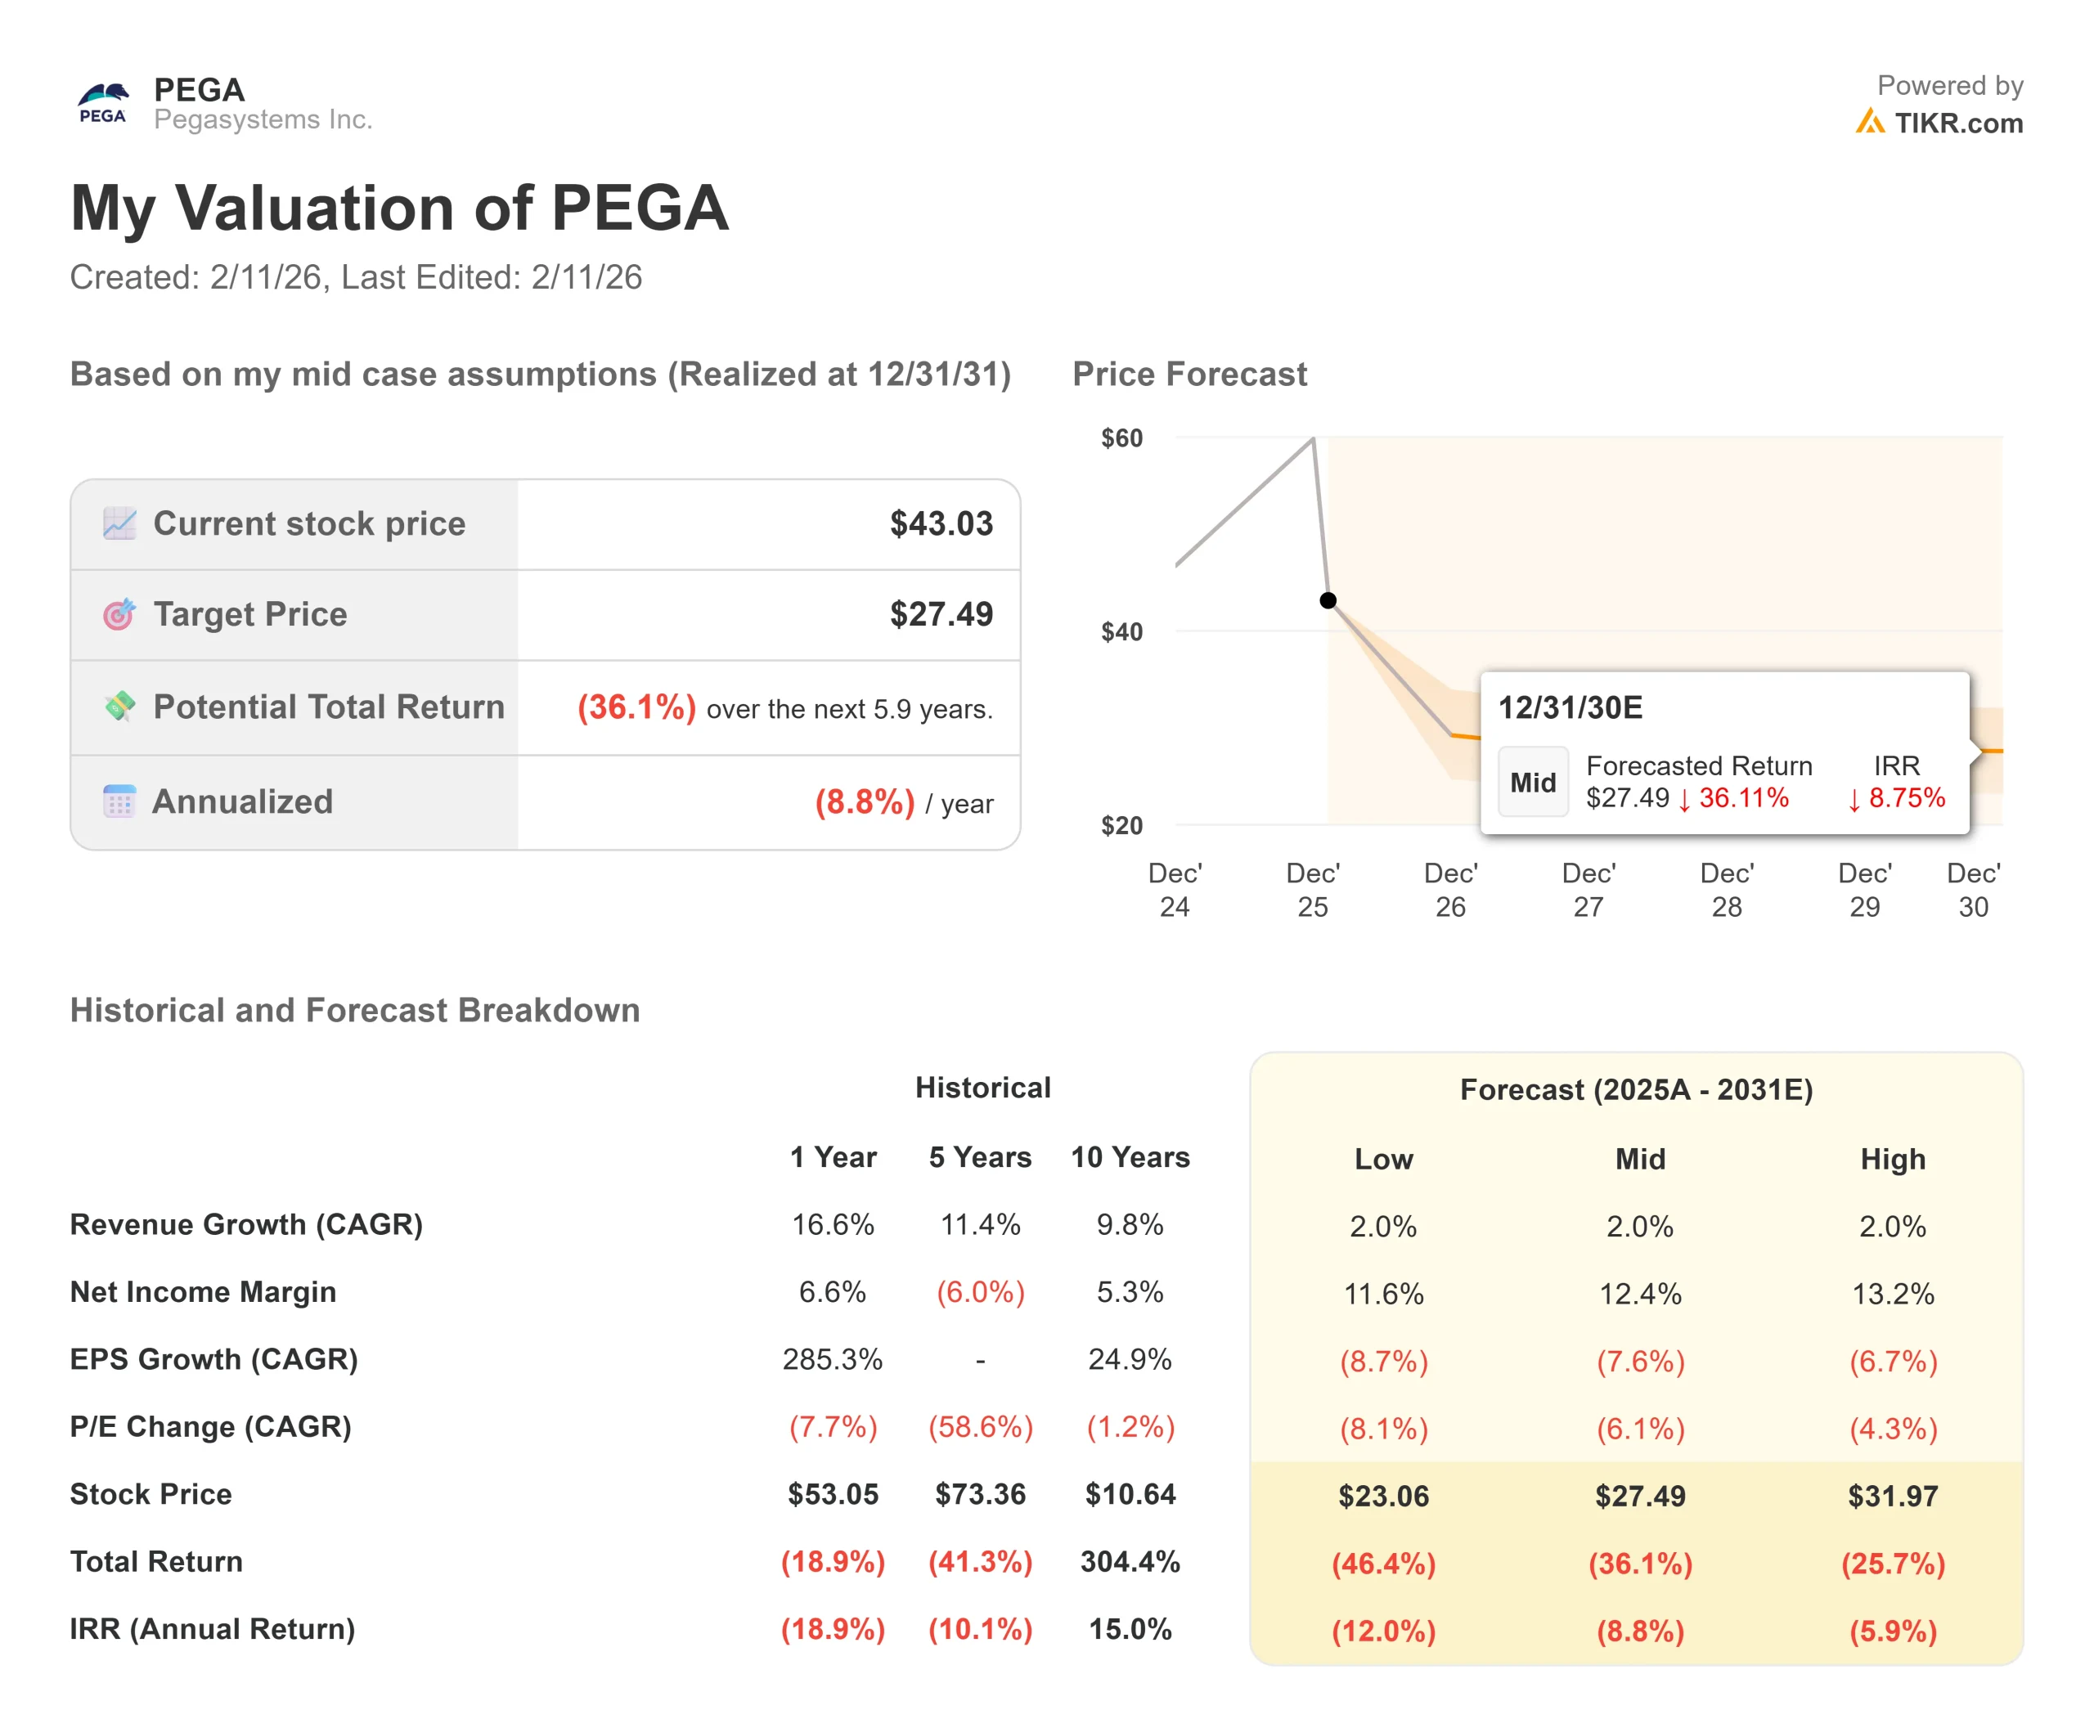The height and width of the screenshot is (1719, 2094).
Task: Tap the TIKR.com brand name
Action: (1957, 123)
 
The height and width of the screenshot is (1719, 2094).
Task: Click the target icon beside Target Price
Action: (119, 614)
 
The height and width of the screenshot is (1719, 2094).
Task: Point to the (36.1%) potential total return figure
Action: (636, 707)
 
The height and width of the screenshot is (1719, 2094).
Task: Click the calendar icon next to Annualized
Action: (119, 801)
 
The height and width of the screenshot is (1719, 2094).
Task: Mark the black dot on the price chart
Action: (1328, 600)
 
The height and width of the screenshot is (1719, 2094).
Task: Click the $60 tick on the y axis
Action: (1121, 438)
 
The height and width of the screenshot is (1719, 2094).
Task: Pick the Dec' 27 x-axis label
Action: (1588, 889)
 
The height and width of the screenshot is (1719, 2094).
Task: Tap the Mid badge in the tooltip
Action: (1532, 783)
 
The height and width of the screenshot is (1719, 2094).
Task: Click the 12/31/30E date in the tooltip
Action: (1570, 707)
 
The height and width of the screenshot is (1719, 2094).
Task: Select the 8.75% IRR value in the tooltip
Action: (1906, 797)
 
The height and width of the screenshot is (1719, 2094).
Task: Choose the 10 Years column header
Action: (1130, 1156)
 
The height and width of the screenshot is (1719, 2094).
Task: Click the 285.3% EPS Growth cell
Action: (832, 1358)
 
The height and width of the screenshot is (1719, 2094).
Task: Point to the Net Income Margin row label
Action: (203, 1291)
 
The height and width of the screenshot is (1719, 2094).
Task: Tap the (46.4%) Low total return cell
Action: (1383, 1563)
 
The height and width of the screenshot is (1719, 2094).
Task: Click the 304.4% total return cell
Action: (1130, 1561)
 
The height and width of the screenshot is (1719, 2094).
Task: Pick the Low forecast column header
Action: (1383, 1159)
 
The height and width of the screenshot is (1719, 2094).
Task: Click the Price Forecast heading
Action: (1189, 375)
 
